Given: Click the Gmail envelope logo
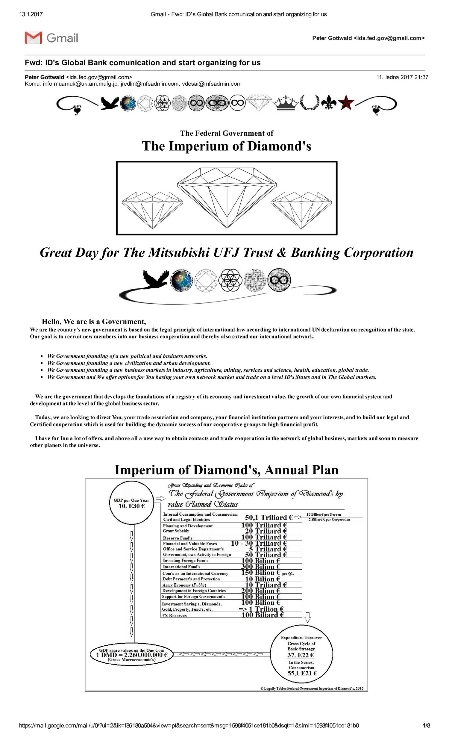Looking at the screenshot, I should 33,38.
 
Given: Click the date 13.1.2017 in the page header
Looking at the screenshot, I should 31,14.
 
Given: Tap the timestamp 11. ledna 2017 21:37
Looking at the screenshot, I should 402,77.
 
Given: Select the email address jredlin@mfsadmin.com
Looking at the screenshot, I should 150,84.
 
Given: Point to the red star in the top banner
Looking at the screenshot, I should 346,102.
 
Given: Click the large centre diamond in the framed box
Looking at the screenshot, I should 227,195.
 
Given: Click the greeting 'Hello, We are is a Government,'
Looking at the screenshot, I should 94,322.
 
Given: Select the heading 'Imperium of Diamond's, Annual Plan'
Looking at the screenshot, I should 226,470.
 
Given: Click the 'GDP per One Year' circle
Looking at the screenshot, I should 131,503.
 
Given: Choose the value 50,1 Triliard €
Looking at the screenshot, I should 269,517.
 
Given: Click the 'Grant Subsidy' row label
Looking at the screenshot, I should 176,531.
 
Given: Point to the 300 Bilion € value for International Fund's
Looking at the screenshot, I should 260,567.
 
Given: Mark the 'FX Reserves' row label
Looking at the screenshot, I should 175,615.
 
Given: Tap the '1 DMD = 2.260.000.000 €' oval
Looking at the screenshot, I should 132,655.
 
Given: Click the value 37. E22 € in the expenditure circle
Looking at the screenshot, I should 301,655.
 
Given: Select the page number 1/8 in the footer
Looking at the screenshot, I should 426,726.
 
